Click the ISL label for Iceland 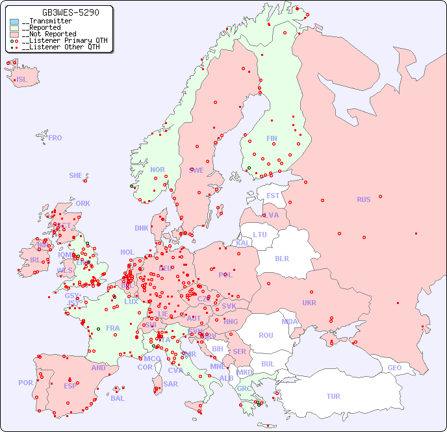pos(21,80)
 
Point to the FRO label pos(55,138)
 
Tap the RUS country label pos(363,199)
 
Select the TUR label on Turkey pos(333,396)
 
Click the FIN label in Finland pos(272,138)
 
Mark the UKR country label pos(309,303)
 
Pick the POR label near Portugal pos(25,383)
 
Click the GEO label pos(394,368)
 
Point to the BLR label pos(281,258)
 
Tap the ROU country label pos(266,335)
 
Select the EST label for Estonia pos(273,196)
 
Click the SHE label pos(76,175)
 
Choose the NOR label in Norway pos(157,170)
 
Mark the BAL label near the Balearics pos(117,398)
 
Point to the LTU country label pos(260,235)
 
